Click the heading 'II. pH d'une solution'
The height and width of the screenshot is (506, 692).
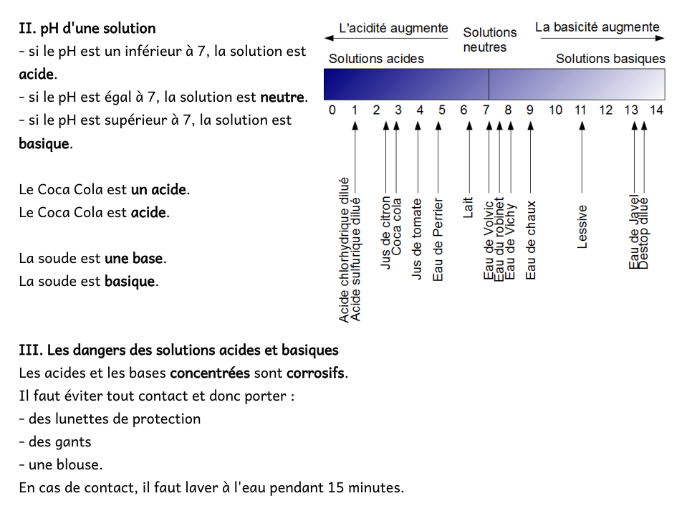click(87, 29)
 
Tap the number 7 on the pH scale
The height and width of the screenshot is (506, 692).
click(486, 110)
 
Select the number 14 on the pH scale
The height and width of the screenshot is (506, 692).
click(656, 110)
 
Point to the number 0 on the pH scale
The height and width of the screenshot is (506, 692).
click(332, 110)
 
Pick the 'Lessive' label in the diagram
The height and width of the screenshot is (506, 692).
click(582, 227)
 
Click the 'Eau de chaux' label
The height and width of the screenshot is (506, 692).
click(531, 240)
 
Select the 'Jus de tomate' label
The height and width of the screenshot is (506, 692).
click(418, 239)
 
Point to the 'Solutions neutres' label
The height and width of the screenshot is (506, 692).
click(490, 40)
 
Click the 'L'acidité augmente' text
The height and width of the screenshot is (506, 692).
click(393, 29)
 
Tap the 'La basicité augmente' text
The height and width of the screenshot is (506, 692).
click(597, 28)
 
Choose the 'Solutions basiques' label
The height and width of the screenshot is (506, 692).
click(610, 59)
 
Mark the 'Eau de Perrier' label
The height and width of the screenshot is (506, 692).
click(438, 240)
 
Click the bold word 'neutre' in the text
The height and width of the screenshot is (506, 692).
click(282, 97)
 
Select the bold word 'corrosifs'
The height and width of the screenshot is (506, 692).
click(316, 373)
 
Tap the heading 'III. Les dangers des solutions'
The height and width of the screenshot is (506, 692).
click(178, 350)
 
